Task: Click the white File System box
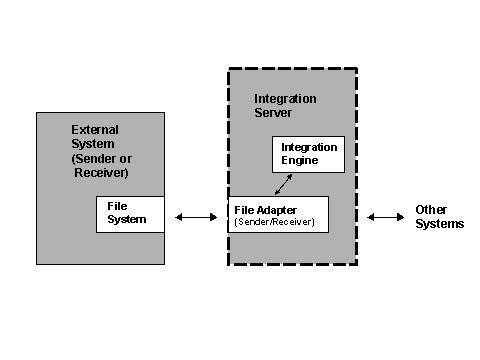130,214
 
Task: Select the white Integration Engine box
308,154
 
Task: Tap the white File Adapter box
279,215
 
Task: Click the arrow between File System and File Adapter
196,216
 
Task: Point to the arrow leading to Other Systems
385,216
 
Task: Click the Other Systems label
439,217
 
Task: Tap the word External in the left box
95,130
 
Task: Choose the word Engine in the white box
299,160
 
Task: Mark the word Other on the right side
431,210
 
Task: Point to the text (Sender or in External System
101,159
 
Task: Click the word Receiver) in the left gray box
101,173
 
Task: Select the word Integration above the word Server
287,99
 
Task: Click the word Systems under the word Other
439,224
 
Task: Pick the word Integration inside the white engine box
309,147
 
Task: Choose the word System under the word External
93,144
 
